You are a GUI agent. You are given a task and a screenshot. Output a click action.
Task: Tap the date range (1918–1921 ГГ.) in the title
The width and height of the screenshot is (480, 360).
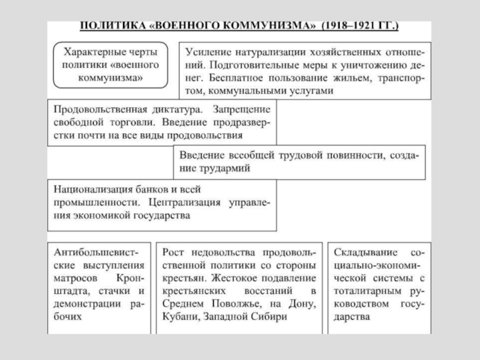361,27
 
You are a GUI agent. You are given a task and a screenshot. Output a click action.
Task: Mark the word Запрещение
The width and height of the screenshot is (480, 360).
244,109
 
